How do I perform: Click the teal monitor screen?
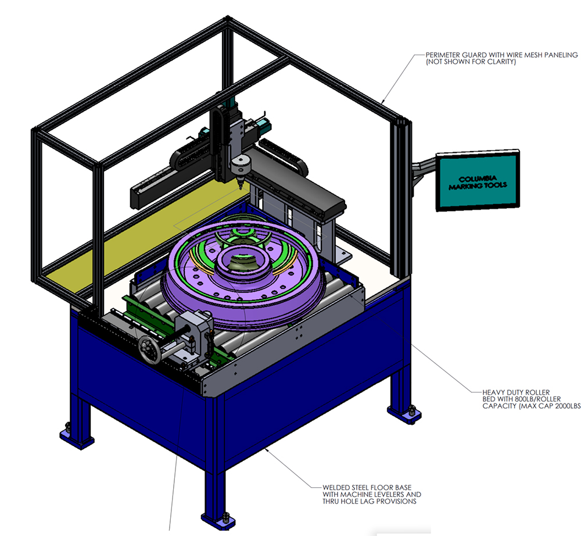point(478,181)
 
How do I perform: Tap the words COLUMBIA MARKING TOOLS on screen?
point(478,183)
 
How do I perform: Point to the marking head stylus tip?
point(240,189)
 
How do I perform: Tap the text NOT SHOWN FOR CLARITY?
point(471,62)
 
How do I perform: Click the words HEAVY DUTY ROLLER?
point(516,392)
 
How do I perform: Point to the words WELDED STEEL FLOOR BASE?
point(367,487)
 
